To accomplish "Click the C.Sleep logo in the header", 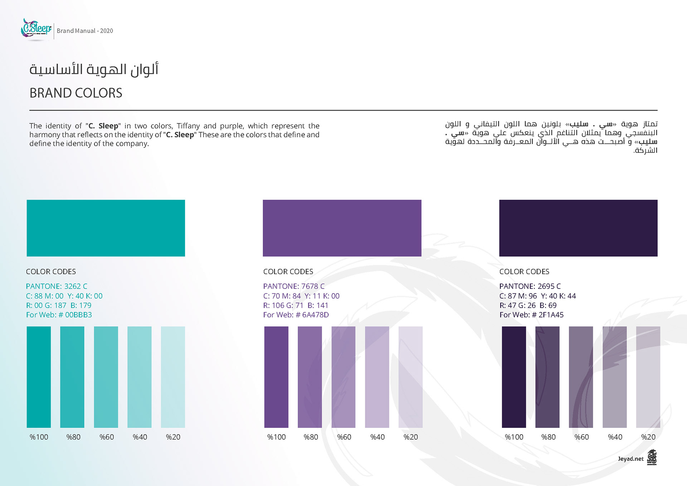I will point(36,29).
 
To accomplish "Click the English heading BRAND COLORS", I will point(76,93).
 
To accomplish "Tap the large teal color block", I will point(106,228).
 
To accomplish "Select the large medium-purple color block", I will point(342,228).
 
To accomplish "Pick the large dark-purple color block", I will point(578,228).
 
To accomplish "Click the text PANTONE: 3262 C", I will point(57,286).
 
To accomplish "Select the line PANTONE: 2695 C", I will point(530,286).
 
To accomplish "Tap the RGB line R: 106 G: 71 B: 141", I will point(296,305).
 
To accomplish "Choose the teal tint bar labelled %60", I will point(106,377).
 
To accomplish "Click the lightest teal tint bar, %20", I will point(173,377).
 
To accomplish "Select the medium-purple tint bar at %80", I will point(310,377).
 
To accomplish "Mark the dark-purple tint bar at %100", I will point(514,377).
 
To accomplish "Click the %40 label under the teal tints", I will point(140,437).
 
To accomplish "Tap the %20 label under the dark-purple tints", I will point(648,437).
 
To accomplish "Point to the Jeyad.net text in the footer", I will point(630,459).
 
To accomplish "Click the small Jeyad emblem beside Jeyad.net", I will point(652,457).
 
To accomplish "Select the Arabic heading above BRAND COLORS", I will point(94,69).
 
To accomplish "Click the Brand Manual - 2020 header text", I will point(85,31).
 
